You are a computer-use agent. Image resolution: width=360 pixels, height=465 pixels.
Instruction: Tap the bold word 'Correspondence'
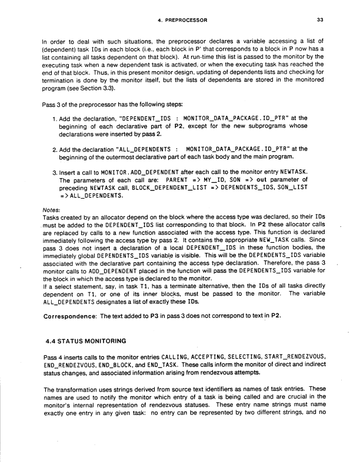70,316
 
